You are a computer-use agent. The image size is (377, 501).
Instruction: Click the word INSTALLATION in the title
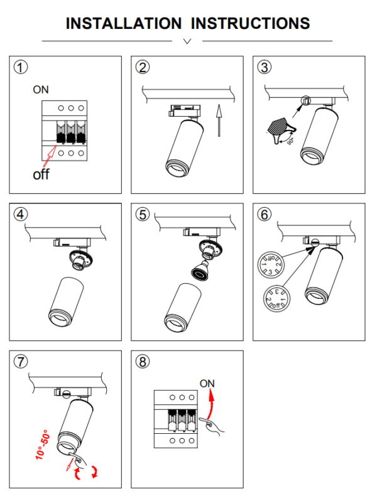pyautogui.click(x=123, y=24)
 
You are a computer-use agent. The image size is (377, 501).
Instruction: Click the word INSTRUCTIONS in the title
pyautogui.click(x=250, y=24)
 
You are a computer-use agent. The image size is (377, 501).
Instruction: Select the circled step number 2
pyautogui.click(x=143, y=67)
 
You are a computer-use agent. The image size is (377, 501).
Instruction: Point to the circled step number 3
pyautogui.click(x=265, y=67)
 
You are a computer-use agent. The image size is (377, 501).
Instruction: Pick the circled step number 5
pyautogui.click(x=143, y=213)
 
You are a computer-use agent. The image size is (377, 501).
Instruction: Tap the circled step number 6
pyautogui.click(x=265, y=213)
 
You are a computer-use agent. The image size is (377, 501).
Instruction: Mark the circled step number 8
pyautogui.click(x=143, y=361)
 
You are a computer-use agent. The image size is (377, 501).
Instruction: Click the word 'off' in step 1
pyautogui.click(x=41, y=174)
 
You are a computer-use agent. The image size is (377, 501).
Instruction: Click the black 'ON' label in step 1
pyautogui.click(x=41, y=90)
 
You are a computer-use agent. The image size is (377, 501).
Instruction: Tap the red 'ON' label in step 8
pyautogui.click(x=207, y=383)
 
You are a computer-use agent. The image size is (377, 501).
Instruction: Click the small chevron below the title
pyautogui.click(x=187, y=41)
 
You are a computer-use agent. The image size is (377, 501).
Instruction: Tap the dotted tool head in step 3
pyautogui.click(x=277, y=126)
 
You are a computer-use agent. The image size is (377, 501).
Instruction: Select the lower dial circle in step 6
pyautogui.click(x=276, y=297)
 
